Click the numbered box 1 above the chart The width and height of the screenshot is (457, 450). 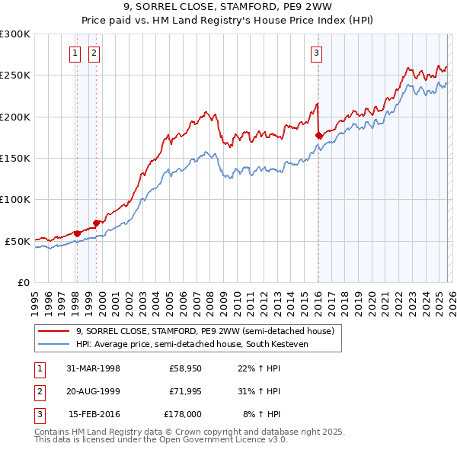(x=76, y=53)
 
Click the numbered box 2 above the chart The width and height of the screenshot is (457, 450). (x=94, y=53)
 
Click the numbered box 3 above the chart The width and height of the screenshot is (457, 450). (x=316, y=53)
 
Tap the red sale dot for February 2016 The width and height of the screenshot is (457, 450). (x=318, y=136)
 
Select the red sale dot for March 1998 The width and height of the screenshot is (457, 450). (x=77, y=233)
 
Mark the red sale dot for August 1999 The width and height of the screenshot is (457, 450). (x=96, y=223)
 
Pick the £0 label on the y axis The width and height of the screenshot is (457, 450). (x=23, y=282)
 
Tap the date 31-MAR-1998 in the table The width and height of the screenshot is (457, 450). (x=94, y=368)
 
